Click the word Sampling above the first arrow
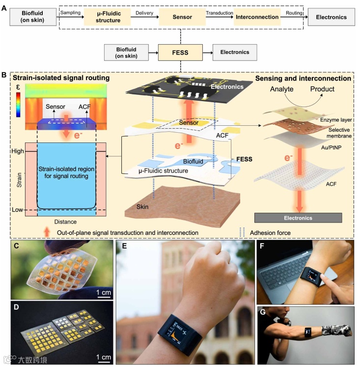click(70, 12)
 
